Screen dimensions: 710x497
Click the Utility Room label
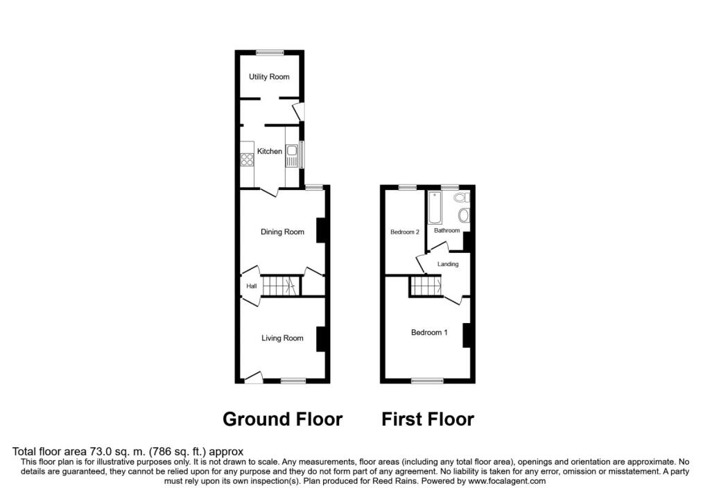(269, 77)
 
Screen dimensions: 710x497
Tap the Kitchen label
(270, 151)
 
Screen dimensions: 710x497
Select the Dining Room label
(282, 232)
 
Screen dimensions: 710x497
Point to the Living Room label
(282, 338)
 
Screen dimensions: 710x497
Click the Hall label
(251, 286)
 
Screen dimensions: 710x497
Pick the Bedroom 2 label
(405, 232)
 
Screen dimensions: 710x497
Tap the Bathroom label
(447, 230)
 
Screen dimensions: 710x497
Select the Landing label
(448, 264)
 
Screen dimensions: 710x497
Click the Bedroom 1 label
(429, 333)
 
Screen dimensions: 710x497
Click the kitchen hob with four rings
(248, 159)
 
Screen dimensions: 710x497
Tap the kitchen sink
(291, 156)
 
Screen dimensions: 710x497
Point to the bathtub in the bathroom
(435, 208)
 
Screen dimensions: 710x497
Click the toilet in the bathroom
(461, 198)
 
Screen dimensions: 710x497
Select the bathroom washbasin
(464, 215)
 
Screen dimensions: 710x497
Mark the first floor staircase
(426, 286)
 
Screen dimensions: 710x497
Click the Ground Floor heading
(283, 419)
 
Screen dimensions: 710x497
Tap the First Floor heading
(428, 419)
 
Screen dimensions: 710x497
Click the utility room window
(270, 53)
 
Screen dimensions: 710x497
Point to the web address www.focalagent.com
(507, 481)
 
